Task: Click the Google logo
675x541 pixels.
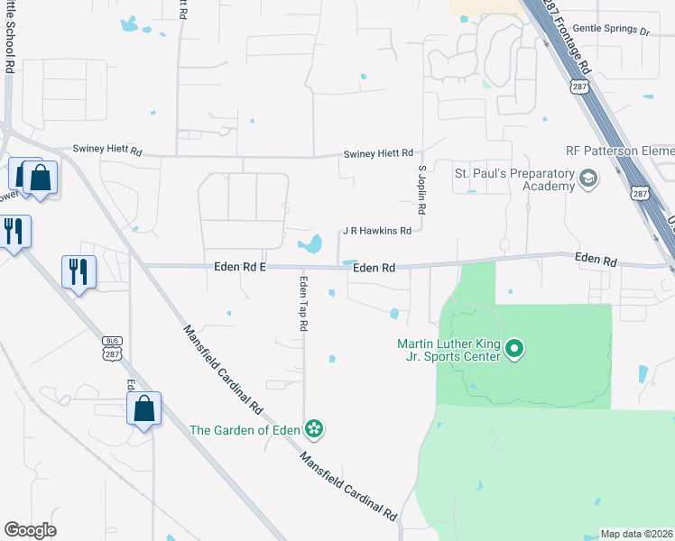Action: click(30, 530)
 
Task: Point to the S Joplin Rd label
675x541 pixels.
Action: click(421, 188)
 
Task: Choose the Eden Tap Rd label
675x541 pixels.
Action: click(303, 303)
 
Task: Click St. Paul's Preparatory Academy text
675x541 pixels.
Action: click(514, 179)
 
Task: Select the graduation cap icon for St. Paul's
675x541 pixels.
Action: click(590, 179)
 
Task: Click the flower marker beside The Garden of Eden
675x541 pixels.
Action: click(314, 428)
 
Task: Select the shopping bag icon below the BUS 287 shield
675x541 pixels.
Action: click(143, 409)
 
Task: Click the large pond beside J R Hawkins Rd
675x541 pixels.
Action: click(311, 243)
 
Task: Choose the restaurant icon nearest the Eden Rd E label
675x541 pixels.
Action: click(79, 270)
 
